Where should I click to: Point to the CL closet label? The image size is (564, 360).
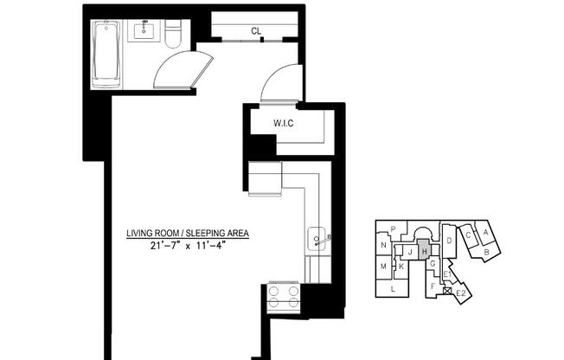click(256, 31)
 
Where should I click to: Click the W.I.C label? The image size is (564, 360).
click(284, 123)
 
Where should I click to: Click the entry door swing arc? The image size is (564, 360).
click(280, 83)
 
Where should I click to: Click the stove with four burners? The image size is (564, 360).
click(284, 297)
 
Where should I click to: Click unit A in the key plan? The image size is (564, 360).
click(486, 232)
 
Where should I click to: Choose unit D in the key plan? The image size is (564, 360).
click(450, 240)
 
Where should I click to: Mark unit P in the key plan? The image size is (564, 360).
click(393, 229)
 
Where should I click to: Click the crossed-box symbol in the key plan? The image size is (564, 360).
click(446, 291)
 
